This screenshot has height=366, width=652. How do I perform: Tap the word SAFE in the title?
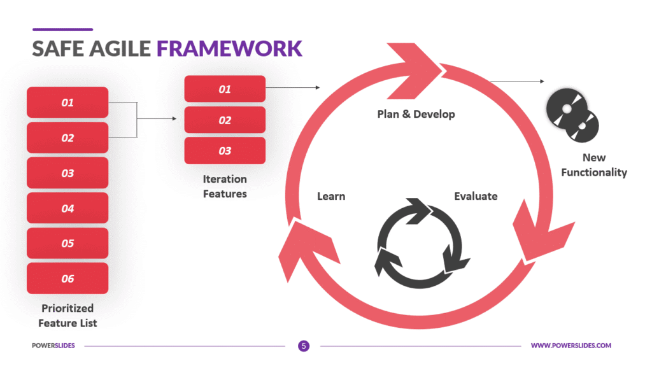pyautogui.click(x=57, y=48)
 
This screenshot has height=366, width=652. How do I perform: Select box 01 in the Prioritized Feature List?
pyautogui.click(x=67, y=102)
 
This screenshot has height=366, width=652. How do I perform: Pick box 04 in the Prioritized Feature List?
pyautogui.click(x=67, y=208)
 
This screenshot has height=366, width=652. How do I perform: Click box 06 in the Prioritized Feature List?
pyautogui.click(x=67, y=278)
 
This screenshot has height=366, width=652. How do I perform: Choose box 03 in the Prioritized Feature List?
pyautogui.click(x=67, y=173)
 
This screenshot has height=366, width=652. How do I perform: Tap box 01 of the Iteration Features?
pyautogui.click(x=225, y=89)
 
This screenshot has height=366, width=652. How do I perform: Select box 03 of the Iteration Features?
pyautogui.click(x=225, y=151)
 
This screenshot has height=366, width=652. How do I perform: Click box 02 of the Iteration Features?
pyautogui.click(x=225, y=120)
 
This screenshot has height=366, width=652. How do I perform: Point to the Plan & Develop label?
pyautogui.click(x=416, y=114)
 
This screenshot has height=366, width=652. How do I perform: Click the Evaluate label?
pyautogui.click(x=476, y=196)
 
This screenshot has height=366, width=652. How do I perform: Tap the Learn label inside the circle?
pyautogui.click(x=331, y=196)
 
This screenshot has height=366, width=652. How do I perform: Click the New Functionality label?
pyautogui.click(x=594, y=165)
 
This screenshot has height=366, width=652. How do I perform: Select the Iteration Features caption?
pyautogui.click(x=225, y=186)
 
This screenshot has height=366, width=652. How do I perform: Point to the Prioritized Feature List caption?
pyautogui.click(x=67, y=316)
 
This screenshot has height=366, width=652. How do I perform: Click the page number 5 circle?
pyautogui.click(x=304, y=346)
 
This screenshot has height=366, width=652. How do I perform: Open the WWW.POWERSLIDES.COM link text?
pyautogui.click(x=570, y=346)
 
